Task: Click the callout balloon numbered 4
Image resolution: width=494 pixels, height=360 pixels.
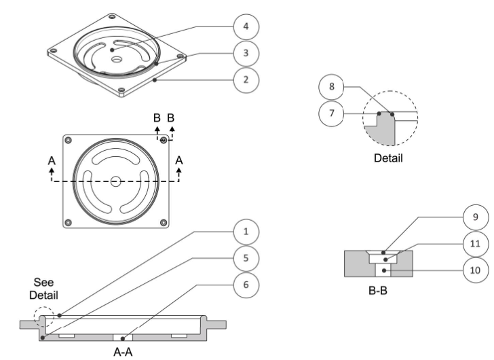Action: coord(246,26)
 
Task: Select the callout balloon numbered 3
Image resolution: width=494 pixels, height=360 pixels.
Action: coord(246,53)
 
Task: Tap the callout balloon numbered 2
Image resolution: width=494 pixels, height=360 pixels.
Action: coord(246,79)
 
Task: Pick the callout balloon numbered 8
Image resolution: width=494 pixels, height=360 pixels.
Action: coord(331,88)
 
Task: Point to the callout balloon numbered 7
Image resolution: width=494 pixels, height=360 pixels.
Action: coord(331,113)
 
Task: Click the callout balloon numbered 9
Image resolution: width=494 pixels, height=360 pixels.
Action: coord(473,217)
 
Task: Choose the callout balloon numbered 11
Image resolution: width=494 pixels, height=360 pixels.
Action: coord(473,243)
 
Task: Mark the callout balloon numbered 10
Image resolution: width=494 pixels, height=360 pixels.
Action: coord(473,270)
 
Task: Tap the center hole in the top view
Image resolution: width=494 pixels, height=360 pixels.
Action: coord(116,181)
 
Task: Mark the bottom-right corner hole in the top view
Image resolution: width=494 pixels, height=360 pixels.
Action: coord(163,222)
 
